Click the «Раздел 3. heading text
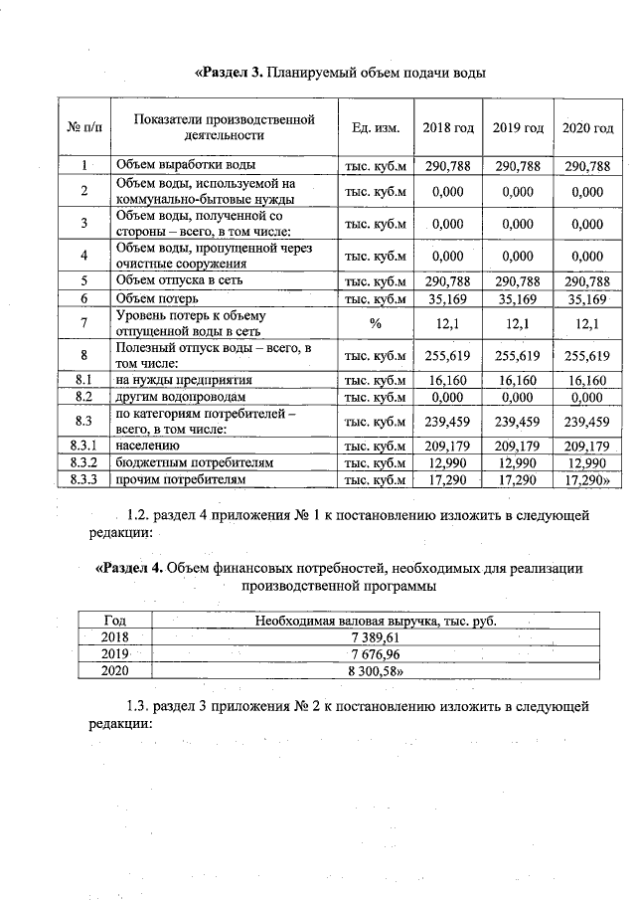pos(228,73)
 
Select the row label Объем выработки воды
pos(186,165)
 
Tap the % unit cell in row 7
pos(376,322)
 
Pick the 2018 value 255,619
pos(447,355)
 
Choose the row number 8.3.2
pos(84,463)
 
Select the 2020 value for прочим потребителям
pos(586,480)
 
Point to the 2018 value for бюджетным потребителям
pos(447,463)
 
